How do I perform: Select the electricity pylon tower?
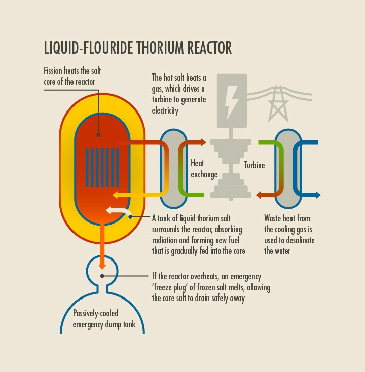coord(277,104)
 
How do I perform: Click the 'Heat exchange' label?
coord(204,169)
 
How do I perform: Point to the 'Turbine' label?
coord(254,165)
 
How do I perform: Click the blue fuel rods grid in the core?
coord(102,167)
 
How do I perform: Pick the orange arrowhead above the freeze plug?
coord(102,265)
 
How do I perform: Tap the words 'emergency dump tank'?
coord(104,324)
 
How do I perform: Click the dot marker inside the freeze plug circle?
coord(102,276)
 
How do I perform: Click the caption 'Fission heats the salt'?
coord(72,71)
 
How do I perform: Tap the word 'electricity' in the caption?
coord(165,110)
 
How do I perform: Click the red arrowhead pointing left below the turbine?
coord(259,195)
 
